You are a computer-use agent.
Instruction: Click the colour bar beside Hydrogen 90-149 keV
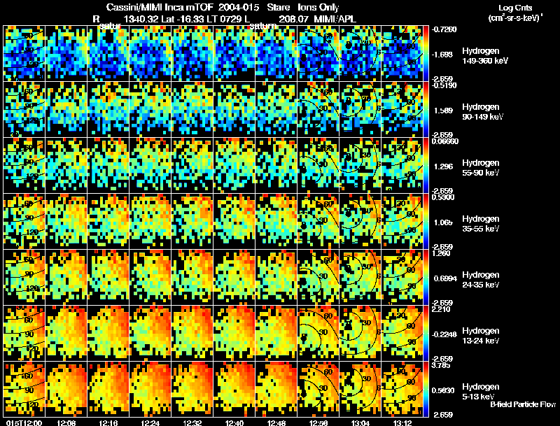pyautogui.click(x=427, y=108)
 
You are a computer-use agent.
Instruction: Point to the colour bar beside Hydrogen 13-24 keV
pyautogui.click(x=427, y=332)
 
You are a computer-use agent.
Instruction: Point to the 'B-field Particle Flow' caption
pyautogui.click(x=523, y=404)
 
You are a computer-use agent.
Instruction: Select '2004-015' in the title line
pyautogui.click(x=227, y=7)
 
